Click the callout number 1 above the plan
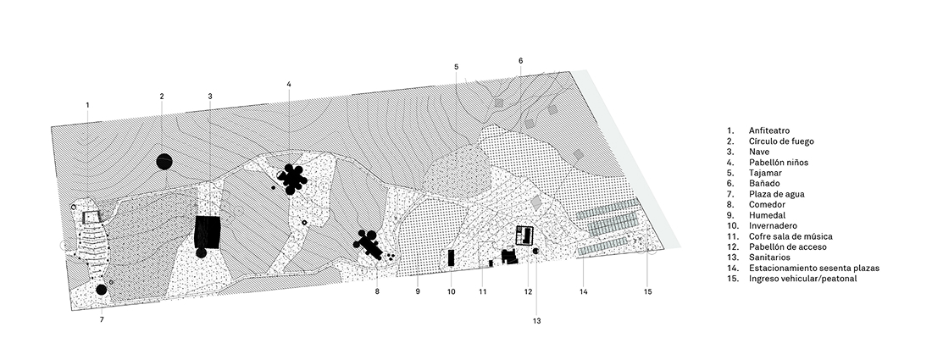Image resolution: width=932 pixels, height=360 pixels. coord(87,105)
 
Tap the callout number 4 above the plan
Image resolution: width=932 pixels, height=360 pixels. coord(289,84)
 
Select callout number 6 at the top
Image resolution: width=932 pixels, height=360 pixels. coord(520,60)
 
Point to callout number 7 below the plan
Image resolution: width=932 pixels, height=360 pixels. coord(102,319)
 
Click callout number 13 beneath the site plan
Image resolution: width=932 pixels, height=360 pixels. coord(536,321)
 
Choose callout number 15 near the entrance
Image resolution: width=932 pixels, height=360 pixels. coord(647,292)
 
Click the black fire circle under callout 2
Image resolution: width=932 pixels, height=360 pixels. coord(164,162)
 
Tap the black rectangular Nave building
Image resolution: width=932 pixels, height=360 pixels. coord(208,230)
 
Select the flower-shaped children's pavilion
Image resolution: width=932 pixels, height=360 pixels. coord(293,179)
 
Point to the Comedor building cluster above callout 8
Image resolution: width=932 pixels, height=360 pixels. coord(369,245)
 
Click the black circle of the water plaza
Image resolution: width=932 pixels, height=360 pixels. coord(101,290)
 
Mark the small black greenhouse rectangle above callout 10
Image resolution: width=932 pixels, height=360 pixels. coord(451,258)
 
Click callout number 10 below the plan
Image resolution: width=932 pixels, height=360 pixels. coord(452,292)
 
